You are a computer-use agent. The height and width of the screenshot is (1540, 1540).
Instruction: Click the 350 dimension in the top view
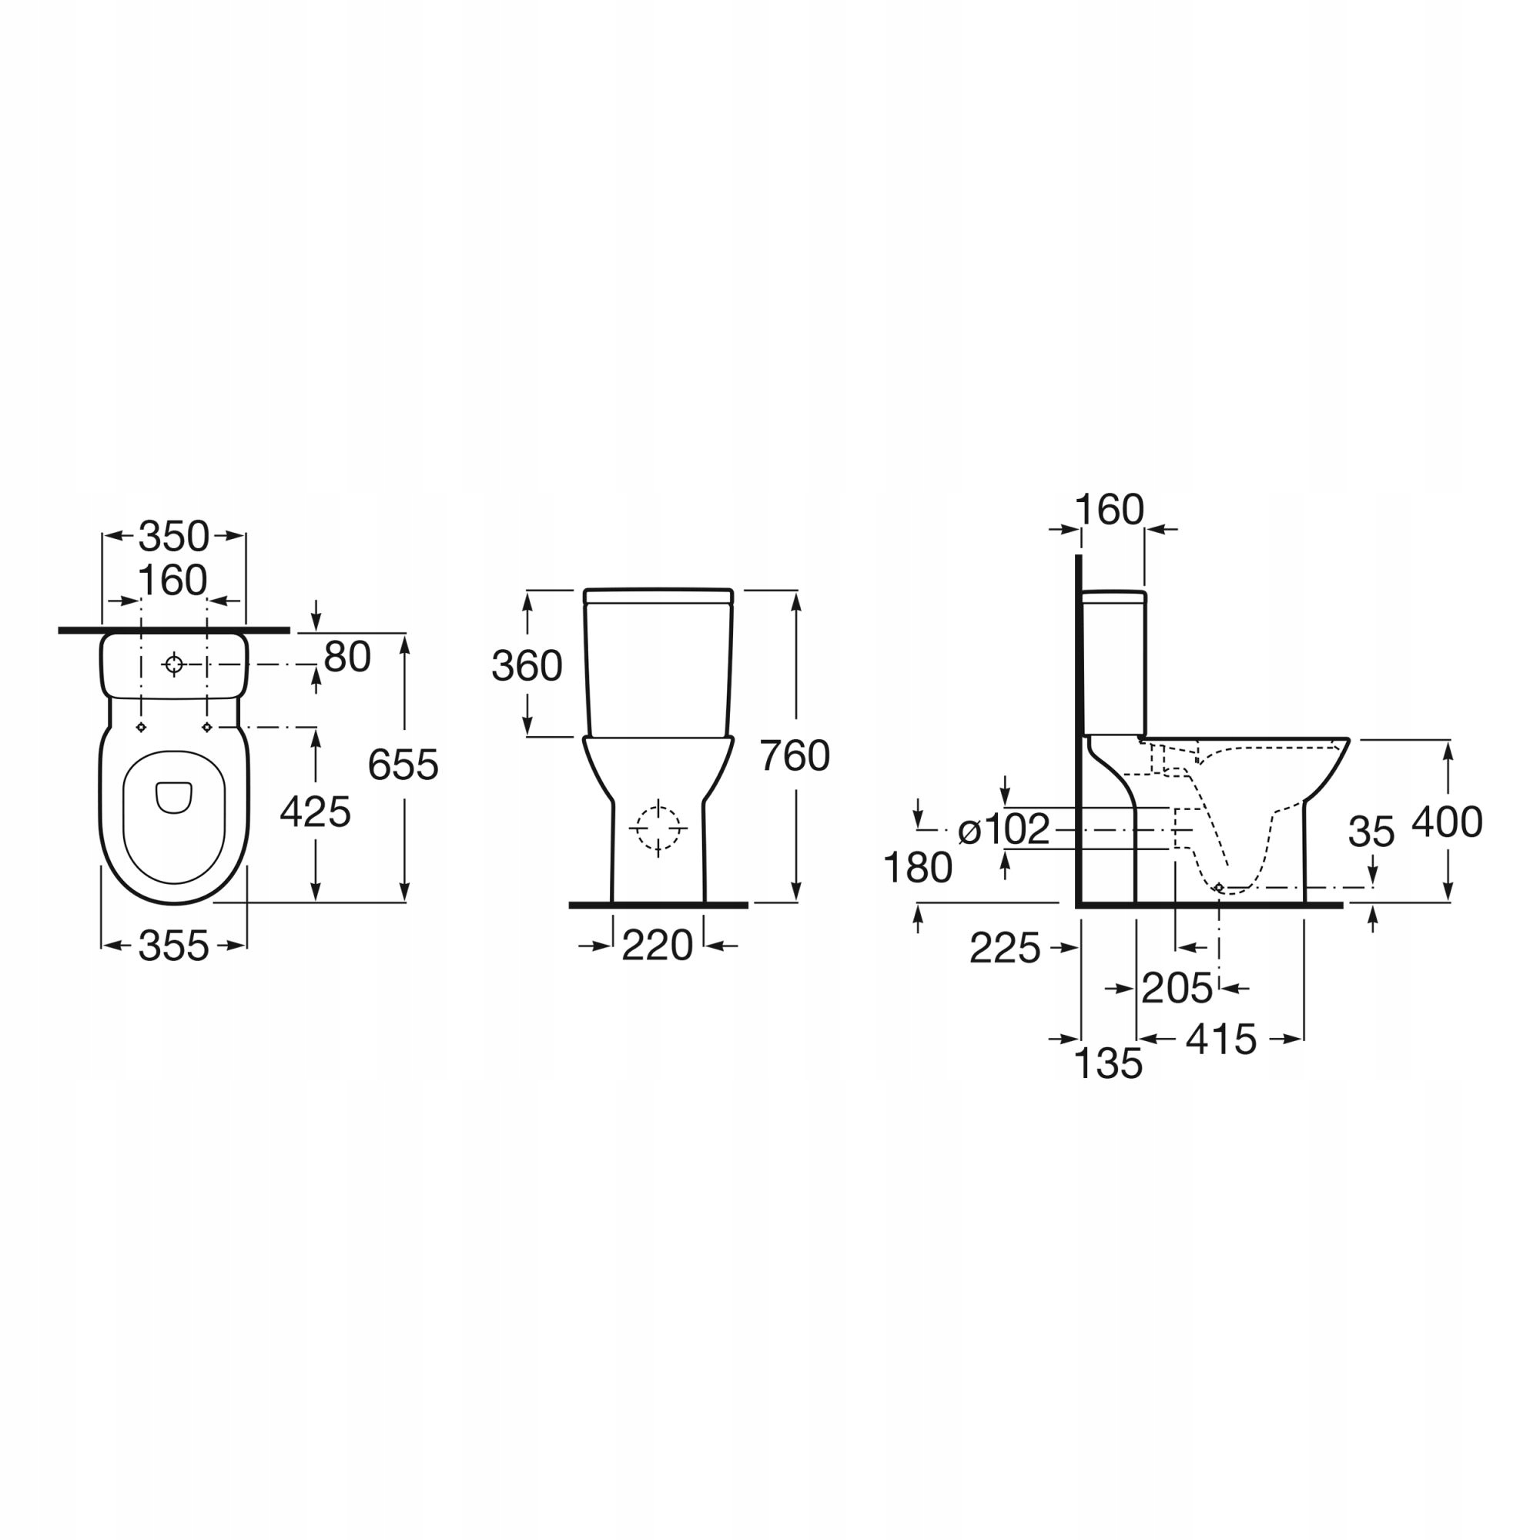click(174, 537)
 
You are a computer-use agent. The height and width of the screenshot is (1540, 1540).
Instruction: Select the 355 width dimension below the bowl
click(174, 946)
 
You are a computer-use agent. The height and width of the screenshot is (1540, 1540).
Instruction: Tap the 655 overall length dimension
click(403, 765)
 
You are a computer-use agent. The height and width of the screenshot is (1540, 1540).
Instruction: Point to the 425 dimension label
click(316, 812)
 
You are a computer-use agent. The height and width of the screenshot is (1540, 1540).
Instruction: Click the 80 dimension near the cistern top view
click(347, 657)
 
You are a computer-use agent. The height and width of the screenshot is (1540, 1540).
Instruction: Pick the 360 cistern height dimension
click(527, 665)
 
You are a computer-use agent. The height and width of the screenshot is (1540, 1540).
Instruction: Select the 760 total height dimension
click(795, 755)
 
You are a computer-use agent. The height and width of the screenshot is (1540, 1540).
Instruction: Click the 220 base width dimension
click(658, 946)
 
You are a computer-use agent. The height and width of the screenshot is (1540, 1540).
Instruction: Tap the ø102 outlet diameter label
click(1004, 830)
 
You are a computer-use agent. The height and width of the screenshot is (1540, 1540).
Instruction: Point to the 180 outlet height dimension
click(919, 868)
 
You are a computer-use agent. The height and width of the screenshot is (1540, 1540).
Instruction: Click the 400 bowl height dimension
click(1448, 822)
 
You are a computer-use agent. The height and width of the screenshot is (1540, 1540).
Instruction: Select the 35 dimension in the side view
click(1372, 833)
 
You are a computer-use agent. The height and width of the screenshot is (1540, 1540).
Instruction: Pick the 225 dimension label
click(1005, 949)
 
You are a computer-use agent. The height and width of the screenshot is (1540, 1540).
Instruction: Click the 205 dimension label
click(1177, 989)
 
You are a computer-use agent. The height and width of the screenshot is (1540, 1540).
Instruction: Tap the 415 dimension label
click(1221, 1039)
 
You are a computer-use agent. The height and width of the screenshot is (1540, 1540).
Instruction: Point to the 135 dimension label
click(1109, 1063)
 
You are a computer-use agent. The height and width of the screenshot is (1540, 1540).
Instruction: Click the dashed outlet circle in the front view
click(658, 829)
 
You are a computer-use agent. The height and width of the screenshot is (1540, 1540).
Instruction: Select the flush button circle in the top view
click(174, 664)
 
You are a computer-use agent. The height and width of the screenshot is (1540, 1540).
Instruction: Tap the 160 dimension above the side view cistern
click(1110, 511)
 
